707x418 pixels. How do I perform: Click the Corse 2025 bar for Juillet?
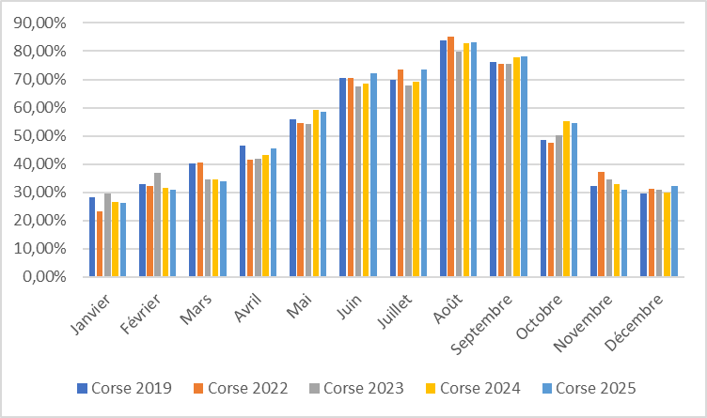point(424,173)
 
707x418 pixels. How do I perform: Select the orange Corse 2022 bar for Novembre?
point(601,224)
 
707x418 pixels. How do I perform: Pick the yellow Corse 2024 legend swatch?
point(430,388)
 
